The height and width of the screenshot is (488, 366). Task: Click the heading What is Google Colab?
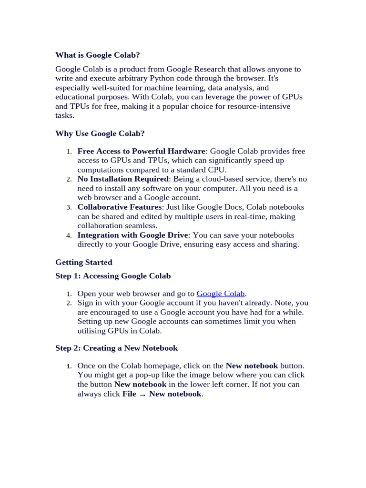click(98, 55)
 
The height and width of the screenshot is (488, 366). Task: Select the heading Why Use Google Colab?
click(100, 133)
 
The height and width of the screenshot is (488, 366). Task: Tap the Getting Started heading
click(84, 262)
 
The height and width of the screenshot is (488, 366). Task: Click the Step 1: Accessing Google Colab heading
click(113, 276)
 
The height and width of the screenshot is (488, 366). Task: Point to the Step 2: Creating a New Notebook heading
click(116, 348)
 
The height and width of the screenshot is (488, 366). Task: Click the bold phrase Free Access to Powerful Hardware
click(141, 151)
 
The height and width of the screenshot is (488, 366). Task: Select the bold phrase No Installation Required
click(123, 179)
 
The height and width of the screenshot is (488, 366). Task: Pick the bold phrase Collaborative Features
click(119, 207)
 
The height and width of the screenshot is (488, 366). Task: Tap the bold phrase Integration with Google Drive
click(133, 235)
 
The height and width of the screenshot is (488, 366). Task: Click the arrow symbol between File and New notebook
click(142, 394)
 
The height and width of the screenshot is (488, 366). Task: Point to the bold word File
click(129, 394)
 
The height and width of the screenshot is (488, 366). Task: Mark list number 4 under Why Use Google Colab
click(69, 235)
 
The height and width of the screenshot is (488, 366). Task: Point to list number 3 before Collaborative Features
click(69, 207)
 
